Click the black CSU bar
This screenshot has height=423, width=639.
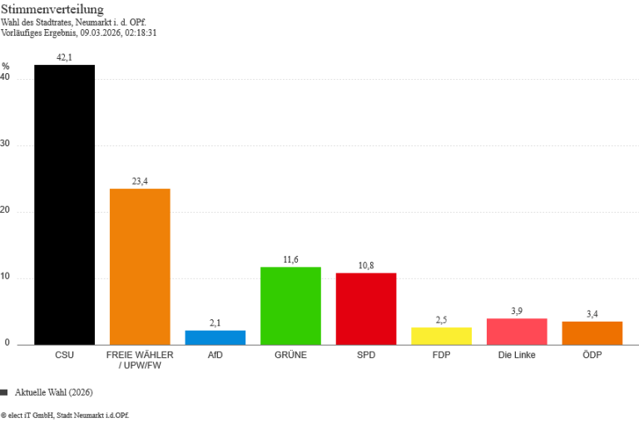tap(64, 204)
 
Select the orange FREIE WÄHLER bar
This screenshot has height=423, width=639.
tap(140, 266)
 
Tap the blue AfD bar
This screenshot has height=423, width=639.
tap(215, 337)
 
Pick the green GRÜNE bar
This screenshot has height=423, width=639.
tap(290, 305)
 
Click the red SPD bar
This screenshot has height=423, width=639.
tap(366, 308)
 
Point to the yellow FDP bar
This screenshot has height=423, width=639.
tap(441, 336)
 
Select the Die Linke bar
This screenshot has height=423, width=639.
tap(517, 331)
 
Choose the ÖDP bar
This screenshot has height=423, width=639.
tap(592, 332)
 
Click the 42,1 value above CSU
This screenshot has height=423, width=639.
tap(64, 57)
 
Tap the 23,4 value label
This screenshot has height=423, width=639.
tap(140, 181)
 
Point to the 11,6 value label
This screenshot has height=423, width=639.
tap(290, 259)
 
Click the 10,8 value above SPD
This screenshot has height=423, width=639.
tap(366, 265)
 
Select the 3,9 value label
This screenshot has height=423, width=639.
tap(517, 311)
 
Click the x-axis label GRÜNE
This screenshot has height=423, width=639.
tap(290, 355)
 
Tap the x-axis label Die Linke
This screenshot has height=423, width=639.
tap(517, 355)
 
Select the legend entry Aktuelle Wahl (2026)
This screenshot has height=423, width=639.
tap(52, 391)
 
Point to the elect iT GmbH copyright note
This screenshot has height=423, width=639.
tap(65, 414)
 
